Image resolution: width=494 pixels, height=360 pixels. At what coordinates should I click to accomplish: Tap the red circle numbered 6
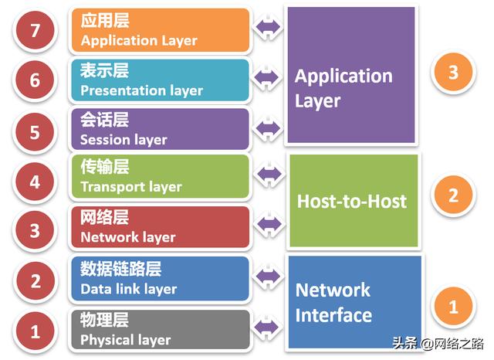[35, 80]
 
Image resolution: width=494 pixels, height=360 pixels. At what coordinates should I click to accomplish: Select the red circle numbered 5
[35, 131]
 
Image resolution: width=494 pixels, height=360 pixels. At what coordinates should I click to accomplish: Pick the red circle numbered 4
[35, 183]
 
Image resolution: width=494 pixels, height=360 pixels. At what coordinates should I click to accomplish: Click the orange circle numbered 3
[453, 73]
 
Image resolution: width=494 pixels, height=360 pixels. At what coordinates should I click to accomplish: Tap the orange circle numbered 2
[453, 195]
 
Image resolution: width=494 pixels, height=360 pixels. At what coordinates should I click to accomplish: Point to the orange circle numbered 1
[453, 306]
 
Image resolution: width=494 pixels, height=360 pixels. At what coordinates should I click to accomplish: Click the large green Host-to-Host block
[352, 201]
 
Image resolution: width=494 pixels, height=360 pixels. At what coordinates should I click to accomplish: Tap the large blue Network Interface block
[354, 302]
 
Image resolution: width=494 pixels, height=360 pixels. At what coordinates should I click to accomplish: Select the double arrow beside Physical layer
[269, 328]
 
